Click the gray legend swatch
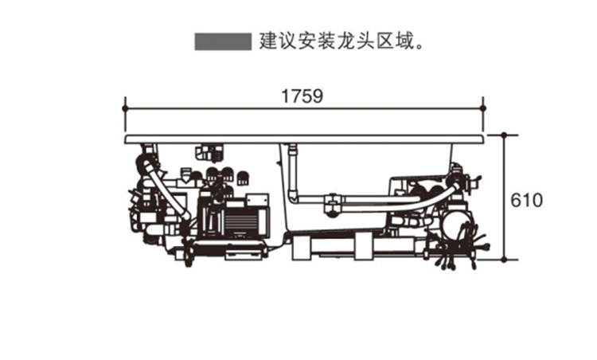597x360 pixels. coord(223,41)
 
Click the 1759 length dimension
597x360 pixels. coord(302,96)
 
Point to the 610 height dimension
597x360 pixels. coord(527,201)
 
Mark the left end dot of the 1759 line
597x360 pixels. coord(125,108)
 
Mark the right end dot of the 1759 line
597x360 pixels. coord(483,108)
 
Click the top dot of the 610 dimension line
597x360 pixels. coord(504,135)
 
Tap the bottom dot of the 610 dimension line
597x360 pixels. coord(504,260)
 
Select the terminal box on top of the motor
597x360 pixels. coord(257,200)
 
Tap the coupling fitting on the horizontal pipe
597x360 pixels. coord(333,205)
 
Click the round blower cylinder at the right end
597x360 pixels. coord(456,225)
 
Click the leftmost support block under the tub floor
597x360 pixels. coord(302,248)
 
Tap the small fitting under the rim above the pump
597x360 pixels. coord(209,152)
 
